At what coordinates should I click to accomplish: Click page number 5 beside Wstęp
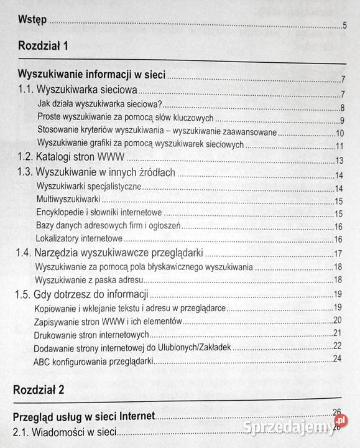tap(344, 26)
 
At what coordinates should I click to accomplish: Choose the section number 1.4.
tap(26, 253)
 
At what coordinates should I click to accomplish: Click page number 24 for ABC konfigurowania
tap(338, 358)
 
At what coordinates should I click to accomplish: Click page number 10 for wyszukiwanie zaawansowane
tap(339, 133)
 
